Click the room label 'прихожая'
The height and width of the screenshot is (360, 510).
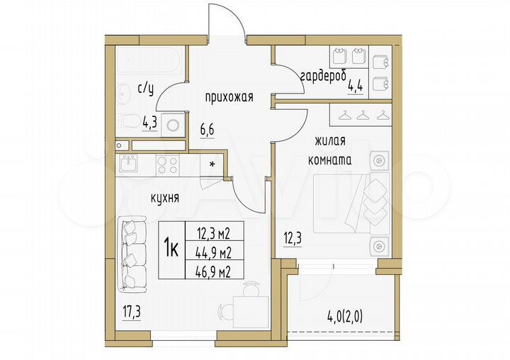229,98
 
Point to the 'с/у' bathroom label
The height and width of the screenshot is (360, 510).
144,89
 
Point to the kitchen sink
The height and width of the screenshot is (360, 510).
130,164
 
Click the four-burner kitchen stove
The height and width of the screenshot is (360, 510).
167,164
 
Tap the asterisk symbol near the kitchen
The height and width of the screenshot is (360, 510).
212,164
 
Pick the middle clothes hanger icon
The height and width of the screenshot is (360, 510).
363,115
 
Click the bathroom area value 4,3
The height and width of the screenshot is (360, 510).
149,121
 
